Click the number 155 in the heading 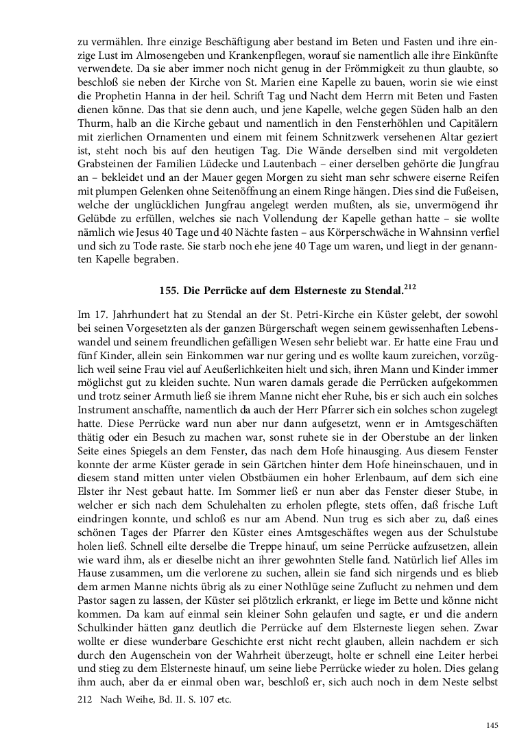(168, 291)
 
